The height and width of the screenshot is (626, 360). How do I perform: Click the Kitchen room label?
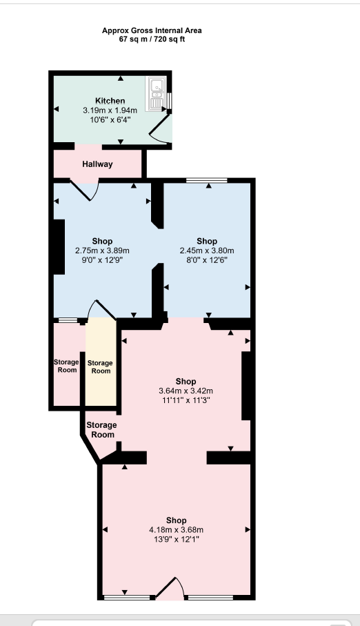pyautogui.click(x=110, y=101)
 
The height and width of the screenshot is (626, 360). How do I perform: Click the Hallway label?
pyautogui.click(x=97, y=164)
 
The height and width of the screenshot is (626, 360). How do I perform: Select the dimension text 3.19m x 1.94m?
pyautogui.click(x=110, y=110)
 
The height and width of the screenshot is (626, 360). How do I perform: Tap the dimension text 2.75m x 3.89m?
pyautogui.click(x=102, y=251)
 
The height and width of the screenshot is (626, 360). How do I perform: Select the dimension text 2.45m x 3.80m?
pyautogui.click(x=207, y=251)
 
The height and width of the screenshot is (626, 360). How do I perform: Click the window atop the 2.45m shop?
pyautogui.click(x=207, y=180)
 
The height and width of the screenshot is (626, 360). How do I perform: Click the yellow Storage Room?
pyautogui.click(x=101, y=366)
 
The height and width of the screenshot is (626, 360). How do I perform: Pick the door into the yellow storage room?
pyautogui.click(x=101, y=309)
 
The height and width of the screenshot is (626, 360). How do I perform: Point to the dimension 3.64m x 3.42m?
pyautogui.click(x=186, y=391)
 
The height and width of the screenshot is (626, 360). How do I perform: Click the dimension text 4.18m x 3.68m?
pyautogui.click(x=176, y=529)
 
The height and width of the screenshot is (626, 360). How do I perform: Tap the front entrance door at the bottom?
pyautogui.click(x=170, y=589)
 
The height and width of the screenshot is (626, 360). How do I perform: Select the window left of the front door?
pyautogui.click(x=126, y=598)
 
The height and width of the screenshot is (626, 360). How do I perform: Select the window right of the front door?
pyautogui.click(x=210, y=598)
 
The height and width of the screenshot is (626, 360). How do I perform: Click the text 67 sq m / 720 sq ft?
pyautogui.click(x=152, y=39)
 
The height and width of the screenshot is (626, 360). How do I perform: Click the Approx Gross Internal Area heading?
pyautogui.click(x=152, y=30)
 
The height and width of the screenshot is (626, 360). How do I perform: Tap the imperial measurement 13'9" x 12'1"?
pyautogui.click(x=176, y=539)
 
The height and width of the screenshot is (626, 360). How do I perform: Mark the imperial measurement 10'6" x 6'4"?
pyautogui.click(x=110, y=120)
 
